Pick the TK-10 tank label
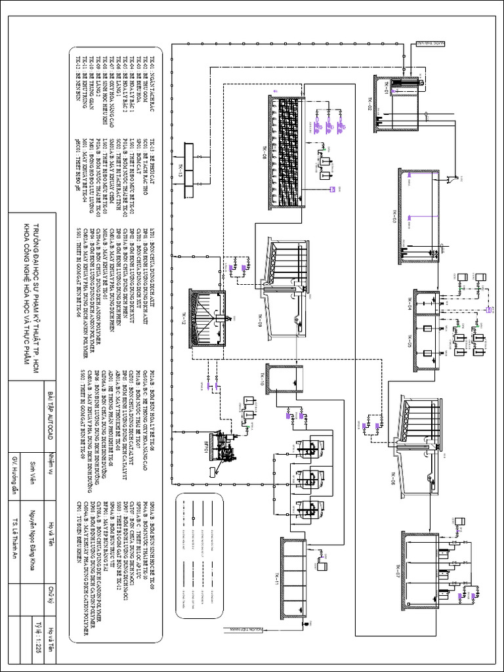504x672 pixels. [262, 383]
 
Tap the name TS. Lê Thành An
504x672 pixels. [15, 525]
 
